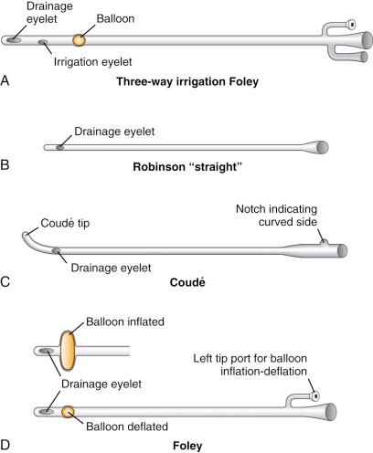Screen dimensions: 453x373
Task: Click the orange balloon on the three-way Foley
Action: click(x=80, y=40)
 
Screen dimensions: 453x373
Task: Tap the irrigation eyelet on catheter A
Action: click(x=42, y=42)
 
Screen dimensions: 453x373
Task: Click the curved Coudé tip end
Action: click(x=27, y=238)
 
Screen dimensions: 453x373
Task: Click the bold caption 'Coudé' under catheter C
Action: click(x=186, y=283)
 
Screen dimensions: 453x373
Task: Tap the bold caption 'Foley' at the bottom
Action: click(x=186, y=446)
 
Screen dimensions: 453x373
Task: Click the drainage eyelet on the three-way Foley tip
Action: click(x=16, y=40)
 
